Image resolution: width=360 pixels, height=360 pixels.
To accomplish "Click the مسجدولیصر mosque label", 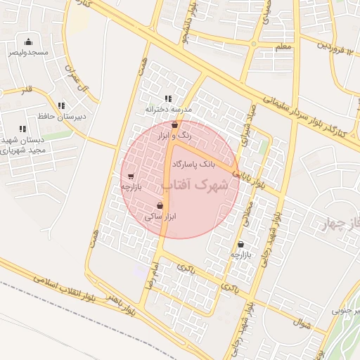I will click(28, 53).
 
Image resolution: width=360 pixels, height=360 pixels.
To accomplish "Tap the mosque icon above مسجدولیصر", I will click(28, 41).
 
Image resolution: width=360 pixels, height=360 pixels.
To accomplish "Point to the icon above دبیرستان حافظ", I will click(61, 105).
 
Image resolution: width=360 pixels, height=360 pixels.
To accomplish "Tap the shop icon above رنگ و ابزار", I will click(174, 124).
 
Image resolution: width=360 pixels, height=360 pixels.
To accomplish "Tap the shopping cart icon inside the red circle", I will click(131, 176).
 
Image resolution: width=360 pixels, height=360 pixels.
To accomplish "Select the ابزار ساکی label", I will click(160, 217).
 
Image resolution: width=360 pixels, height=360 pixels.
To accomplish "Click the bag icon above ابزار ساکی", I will click(160, 206).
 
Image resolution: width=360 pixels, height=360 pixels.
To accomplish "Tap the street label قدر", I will click(27, 90).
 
